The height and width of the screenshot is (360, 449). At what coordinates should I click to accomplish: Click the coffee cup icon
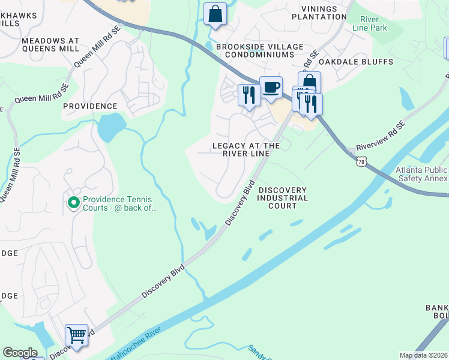pos(271,88)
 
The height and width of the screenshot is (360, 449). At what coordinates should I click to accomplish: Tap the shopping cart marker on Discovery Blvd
pos(77,335)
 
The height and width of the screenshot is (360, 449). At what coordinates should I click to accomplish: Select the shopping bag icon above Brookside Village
pos(215,13)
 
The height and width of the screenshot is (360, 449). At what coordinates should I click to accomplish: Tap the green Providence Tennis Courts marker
pos(74,203)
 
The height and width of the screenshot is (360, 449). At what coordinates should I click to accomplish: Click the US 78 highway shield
pos(361,161)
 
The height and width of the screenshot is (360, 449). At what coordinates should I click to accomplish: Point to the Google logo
pos(20,353)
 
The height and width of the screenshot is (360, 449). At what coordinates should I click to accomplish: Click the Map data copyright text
pos(423,355)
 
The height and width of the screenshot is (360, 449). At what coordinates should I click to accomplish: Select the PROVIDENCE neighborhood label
pos(90,106)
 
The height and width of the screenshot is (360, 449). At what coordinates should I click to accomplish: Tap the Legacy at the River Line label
pos(246,149)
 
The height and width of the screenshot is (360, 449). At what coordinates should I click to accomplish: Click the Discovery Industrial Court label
pos(283,198)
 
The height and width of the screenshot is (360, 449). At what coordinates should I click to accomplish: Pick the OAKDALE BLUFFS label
pos(355,62)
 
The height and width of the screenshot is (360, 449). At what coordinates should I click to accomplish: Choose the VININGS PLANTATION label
pos(319,13)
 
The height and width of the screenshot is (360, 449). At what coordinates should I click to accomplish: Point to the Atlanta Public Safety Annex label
pos(421,174)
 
